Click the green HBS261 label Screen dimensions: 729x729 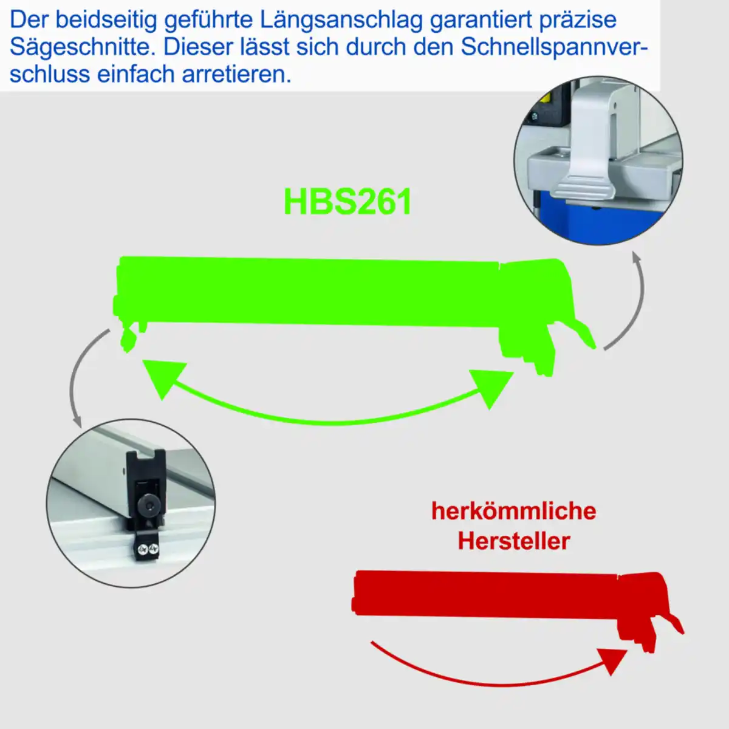(347, 202)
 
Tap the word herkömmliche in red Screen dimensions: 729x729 (513, 511)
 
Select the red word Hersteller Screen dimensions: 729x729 (513, 541)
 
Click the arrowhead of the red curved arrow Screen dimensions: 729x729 (612, 659)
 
